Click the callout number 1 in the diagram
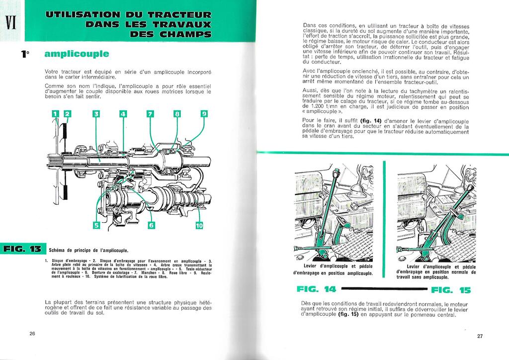coord(55,114)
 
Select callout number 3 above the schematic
coord(96,114)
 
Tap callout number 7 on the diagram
coord(150,114)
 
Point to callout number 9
coord(203,114)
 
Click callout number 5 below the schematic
coord(96,225)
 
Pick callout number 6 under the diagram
coord(152,225)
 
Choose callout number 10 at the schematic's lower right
coord(199,225)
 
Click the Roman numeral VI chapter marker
coord(11,23)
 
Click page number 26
coord(32,333)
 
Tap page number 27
coord(480,336)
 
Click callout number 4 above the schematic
coord(123,114)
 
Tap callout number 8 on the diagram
coord(177,114)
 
